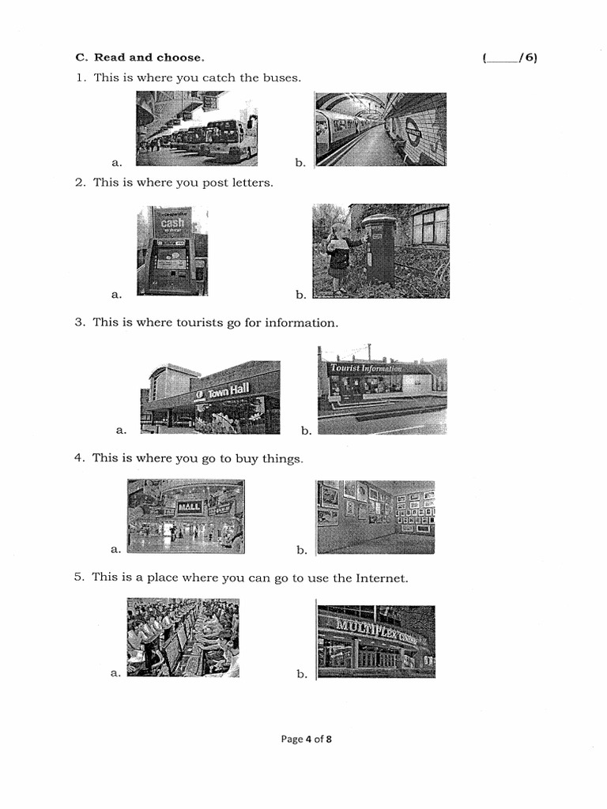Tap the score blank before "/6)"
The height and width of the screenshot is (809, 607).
502,58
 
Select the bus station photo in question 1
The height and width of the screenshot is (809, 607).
196,128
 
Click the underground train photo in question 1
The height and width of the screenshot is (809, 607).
380,129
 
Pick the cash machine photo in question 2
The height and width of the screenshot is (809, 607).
172,250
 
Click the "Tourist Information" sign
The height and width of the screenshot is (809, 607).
365,368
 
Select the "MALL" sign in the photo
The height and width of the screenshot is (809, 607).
190,506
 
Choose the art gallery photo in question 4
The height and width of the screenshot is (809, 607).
375,517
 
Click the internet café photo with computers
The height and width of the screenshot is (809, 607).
183,637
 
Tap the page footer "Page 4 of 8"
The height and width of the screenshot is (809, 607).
307,739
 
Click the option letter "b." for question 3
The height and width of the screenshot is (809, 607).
306,431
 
